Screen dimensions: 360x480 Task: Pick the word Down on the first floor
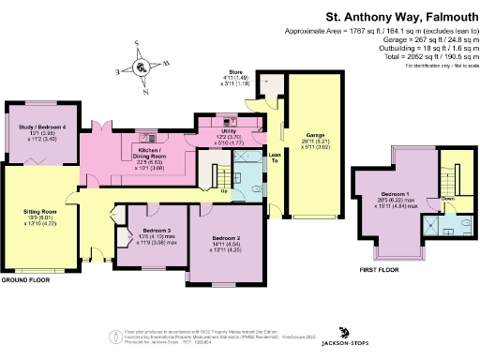pyautogui.click(x=447, y=199)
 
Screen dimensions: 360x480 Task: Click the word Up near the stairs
pyautogui.click(x=222, y=191)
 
